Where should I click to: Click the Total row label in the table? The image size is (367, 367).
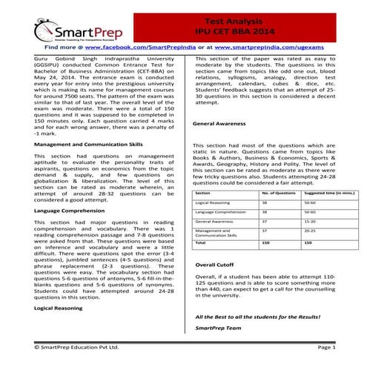[x=200, y=242]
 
